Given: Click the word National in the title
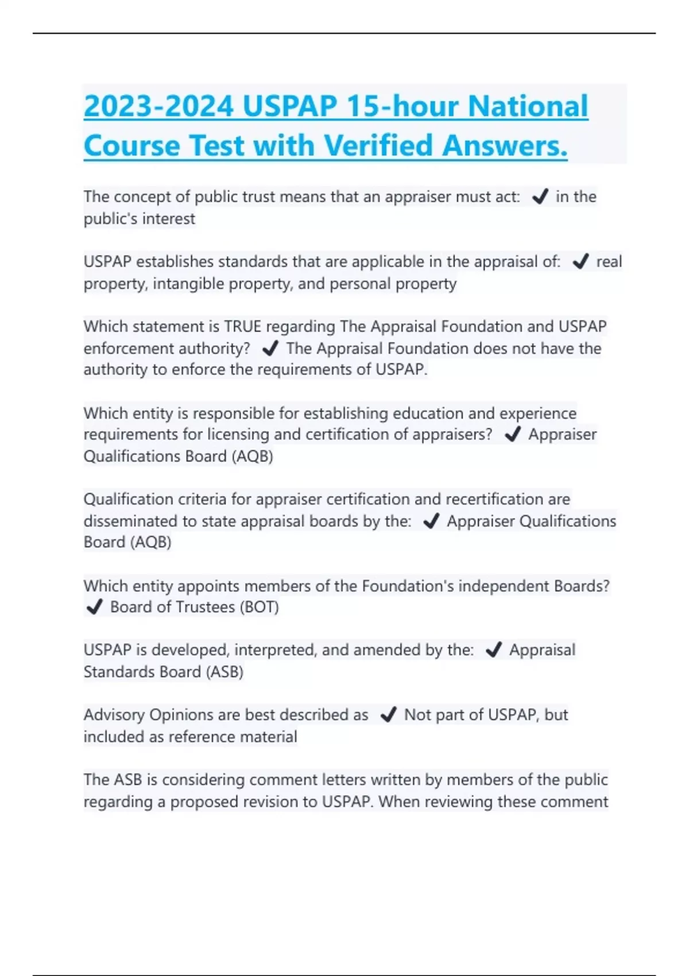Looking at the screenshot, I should tap(528, 106).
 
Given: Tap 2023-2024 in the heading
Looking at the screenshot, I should tap(158, 106).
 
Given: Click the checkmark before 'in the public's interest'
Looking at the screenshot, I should tap(540, 197).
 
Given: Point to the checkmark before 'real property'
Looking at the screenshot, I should tap(580, 262).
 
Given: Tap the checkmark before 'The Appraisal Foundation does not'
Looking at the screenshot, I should tap(269, 348).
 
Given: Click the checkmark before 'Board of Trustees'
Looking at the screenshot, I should tap(94, 607).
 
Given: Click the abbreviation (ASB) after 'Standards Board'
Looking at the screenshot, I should tap(224, 672).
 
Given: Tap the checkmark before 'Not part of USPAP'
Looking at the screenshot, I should tap(388, 715).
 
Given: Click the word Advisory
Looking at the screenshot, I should tap(114, 715).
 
